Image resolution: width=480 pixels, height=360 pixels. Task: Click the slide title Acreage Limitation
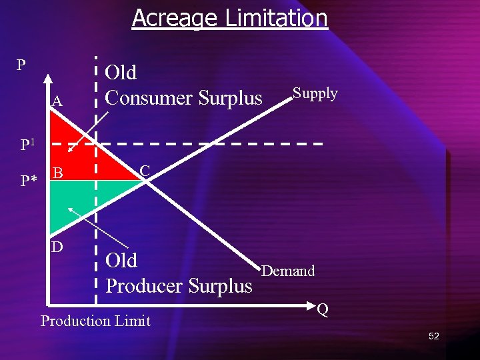(x=229, y=18)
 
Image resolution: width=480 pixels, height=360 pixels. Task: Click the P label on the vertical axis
(x=21, y=65)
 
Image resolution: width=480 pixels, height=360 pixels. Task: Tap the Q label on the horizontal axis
(x=323, y=309)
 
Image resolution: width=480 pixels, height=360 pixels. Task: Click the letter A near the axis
(x=57, y=101)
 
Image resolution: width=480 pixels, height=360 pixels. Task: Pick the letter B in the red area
(x=58, y=173)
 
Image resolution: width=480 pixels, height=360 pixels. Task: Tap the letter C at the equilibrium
(x=145, y=171)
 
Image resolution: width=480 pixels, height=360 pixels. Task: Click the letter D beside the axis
(x=57, y=247)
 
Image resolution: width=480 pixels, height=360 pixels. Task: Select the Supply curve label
(x=315, y=93)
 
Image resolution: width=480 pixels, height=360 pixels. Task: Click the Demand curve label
(x=288, y=271)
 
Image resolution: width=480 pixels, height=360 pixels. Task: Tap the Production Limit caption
(x=95, y=321)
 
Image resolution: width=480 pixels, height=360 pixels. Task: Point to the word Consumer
(x=149, y=98)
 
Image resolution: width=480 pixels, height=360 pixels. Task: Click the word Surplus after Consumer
(x=230, y=98)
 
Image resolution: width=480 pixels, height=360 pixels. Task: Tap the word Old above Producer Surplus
(x=121, y=260)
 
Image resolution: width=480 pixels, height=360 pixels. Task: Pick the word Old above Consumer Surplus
(x=121, y=72)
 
